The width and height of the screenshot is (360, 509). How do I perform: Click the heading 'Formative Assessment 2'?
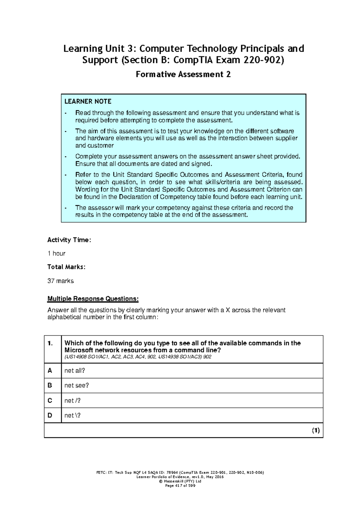point(183,74)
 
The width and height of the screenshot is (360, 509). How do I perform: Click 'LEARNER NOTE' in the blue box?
point(88,101)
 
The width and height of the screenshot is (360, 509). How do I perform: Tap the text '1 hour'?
point(56,254)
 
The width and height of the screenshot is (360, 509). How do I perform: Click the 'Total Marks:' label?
point(66,267)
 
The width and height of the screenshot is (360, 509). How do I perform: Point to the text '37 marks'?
point(61,281)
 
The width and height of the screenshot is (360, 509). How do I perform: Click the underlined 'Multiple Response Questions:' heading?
point(93,299)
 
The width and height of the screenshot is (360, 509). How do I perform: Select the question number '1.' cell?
point(50,344)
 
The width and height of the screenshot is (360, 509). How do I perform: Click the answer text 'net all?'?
point(75,371)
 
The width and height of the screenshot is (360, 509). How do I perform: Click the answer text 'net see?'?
point(76,385)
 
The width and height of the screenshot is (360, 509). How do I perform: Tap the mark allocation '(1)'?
point(316,431)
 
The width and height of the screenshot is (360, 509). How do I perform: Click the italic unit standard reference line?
point(138,357)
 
